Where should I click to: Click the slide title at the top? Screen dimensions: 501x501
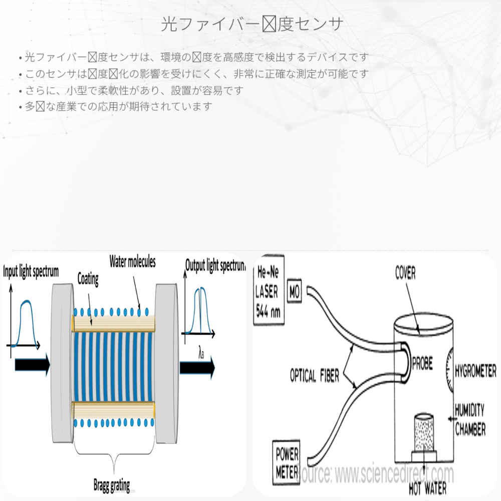[x=252, y=24]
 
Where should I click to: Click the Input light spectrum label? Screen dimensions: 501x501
[x=31, y=272]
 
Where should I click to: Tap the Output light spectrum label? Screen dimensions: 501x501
[x=215, y=266]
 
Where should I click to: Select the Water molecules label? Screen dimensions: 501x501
[x=132, y=262]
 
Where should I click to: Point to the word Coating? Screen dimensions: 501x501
[x=88, y=279]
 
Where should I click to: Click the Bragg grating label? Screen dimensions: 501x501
[x=111, y=485]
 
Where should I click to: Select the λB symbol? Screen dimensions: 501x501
[x=201, y=354]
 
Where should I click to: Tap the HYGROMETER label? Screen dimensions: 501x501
[x=474, y=371]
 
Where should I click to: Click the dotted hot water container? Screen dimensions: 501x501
[x=424, y=432]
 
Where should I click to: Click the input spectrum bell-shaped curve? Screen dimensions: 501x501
[x=27, y=318]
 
